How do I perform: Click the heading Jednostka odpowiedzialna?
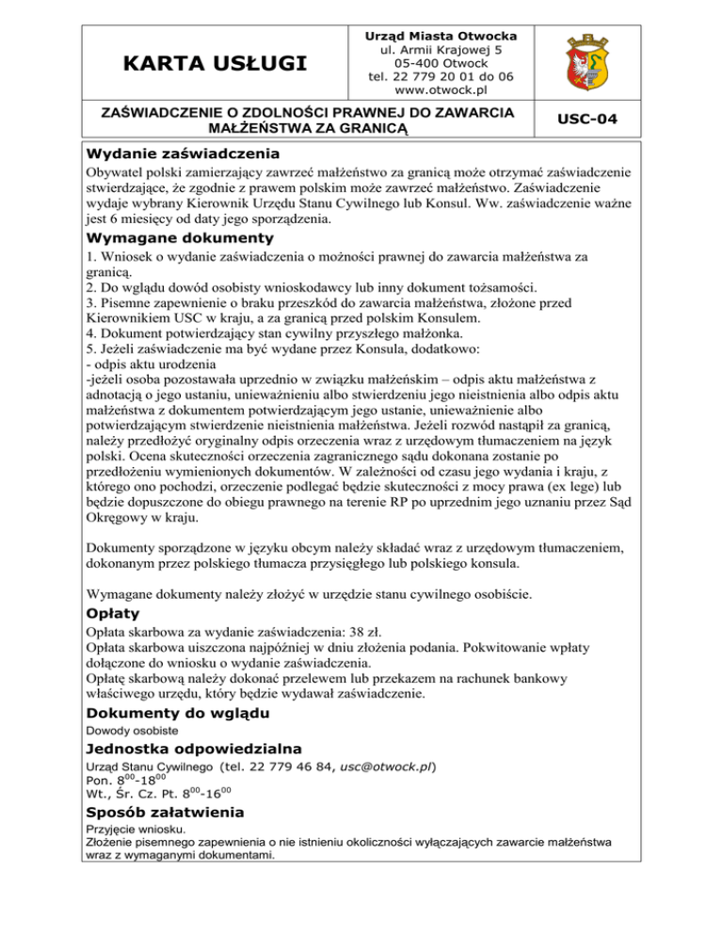(x=193, y=749)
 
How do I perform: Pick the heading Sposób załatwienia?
(x=165, y=812)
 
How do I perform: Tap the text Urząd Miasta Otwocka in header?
(x=441, y=35)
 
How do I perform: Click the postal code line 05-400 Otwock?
(x=441, y=63)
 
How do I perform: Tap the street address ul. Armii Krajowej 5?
(x=441, y=49)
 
